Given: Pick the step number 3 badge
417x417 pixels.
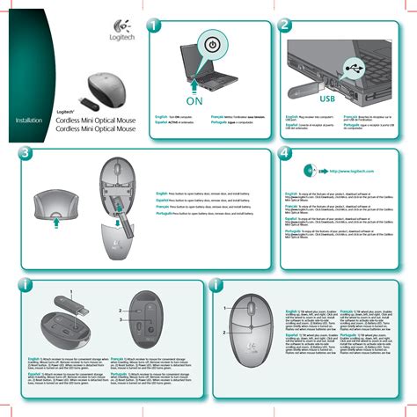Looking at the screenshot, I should (x=25, y=154).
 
